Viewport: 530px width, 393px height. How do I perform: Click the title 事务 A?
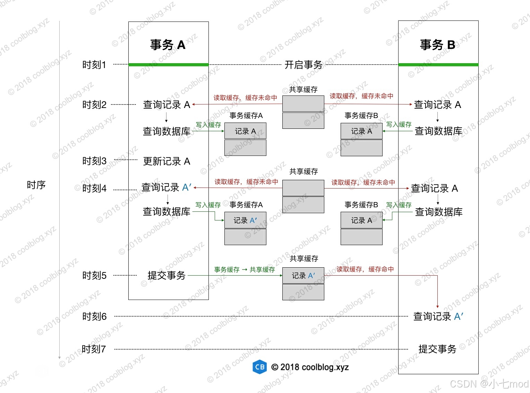[x=168, y=45]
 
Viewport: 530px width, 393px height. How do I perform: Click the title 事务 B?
[x=438, y=45]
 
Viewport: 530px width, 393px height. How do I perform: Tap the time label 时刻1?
[x=94, y=65]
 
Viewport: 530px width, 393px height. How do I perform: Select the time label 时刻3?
[x=94, y=161]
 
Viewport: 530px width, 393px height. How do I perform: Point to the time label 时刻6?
[x=94, y=316]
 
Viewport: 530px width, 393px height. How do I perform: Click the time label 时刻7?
[x=94, y=349]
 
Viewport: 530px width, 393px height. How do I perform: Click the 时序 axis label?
[x=36, y=185]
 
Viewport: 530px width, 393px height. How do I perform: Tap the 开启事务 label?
[x=304, y=65]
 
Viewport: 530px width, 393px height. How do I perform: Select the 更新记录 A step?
[x=166, y=161]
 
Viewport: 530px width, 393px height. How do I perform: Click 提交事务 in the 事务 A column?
[x=166, y=275]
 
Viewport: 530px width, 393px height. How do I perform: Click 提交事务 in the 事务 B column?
[x=437, y=349]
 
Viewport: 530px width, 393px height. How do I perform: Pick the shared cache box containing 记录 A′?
[x=303, y=276]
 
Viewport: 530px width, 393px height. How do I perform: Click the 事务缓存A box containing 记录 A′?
[x=245, y=220]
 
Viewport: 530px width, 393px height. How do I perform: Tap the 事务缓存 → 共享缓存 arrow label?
[x=244, y=270]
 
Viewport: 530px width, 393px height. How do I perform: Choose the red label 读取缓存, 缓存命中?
[x=365, y=269]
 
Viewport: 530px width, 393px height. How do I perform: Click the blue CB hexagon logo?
[x=259, y=367]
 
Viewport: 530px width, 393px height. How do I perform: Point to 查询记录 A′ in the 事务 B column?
[x=438, y=316]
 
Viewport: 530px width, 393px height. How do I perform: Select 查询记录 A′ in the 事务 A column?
[x=166, y=187]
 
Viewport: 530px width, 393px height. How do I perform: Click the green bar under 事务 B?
[x=438, y=65]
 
